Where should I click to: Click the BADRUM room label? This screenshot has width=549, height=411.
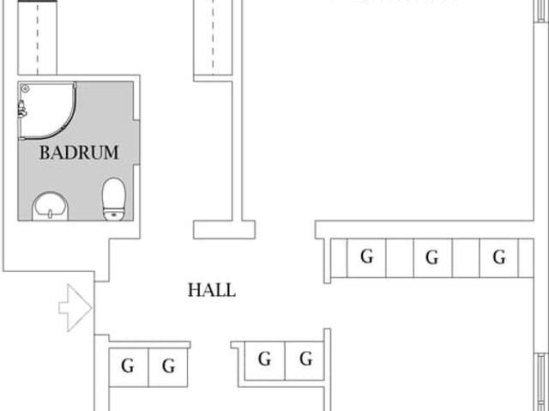click(79, 153)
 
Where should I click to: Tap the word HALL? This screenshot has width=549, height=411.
click(211, 290)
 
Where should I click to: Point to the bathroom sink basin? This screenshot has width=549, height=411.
click(51, 206)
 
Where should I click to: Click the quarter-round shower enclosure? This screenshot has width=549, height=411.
click(47, 110)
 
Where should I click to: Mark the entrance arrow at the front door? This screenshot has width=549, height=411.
click(75, 307)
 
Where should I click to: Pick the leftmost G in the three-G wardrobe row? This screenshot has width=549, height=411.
click(367, 257)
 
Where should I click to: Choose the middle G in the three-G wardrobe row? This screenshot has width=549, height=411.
click(432, 257)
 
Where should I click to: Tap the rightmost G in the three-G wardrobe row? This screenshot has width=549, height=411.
click(499, 257)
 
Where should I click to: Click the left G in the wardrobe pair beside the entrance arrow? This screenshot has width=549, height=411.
click(128, 367)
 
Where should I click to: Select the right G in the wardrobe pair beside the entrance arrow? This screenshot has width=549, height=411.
click(169, 367)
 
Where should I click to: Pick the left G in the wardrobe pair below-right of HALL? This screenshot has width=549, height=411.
click(264, 360)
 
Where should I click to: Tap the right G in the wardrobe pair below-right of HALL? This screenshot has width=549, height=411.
click(305, 360)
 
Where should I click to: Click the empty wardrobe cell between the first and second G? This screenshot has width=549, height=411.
click(400, 257)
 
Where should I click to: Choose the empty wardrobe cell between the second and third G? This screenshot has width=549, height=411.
click(466, 257)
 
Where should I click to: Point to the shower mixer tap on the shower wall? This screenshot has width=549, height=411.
click(21, 109)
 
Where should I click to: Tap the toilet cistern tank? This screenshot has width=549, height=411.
click(113, 214)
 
